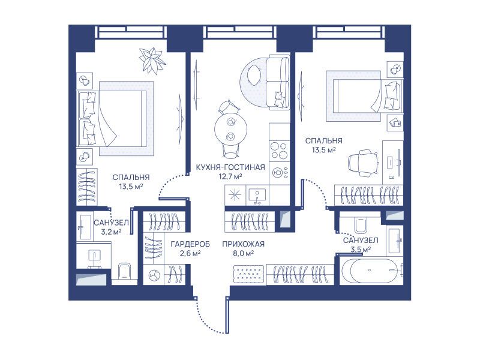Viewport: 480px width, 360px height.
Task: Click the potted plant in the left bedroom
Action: pos(152,61)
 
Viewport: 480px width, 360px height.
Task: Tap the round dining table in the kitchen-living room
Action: pos(230,128)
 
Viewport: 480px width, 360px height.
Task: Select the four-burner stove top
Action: pos(279,151)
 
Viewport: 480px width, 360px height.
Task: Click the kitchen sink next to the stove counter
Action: pos(257,196)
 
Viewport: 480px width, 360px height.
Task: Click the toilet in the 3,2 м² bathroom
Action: pos(124,271)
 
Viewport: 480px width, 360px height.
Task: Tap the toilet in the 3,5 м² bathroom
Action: pos(361,225)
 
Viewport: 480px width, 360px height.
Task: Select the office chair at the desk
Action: pos(362,163)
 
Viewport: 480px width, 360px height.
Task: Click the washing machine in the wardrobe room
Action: pos(154,275)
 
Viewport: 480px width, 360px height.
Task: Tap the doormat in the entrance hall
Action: pos(248,274)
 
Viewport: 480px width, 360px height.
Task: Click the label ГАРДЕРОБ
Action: pos(190,244)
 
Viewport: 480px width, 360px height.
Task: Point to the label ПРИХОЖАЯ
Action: pos(243,244)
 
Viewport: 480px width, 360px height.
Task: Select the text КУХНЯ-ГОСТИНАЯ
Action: pos(230,167)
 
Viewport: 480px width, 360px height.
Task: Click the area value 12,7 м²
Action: pos(230,176)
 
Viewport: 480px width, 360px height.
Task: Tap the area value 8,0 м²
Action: pos(243,253)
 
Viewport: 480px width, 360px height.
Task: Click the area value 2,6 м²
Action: pos(190,253)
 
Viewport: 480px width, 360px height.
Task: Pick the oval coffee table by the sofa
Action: pos(253,76)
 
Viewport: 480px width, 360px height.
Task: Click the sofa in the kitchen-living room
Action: pos(277,82)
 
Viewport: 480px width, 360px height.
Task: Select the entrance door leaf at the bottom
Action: pos(227,314)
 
